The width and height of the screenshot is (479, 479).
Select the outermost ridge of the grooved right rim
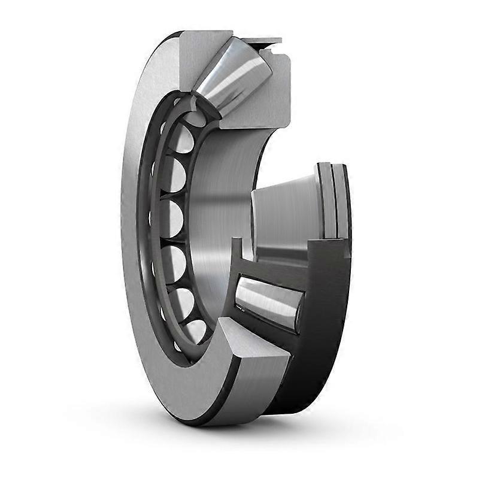tap(344, 198)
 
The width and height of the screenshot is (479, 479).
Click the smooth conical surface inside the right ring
tap(281, 210)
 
